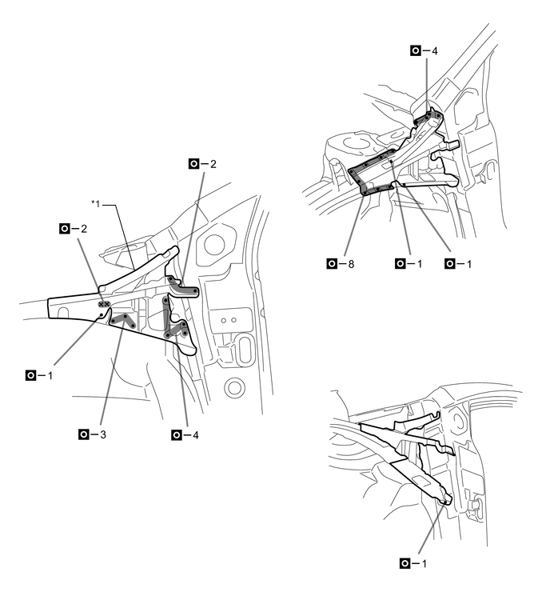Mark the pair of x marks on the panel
[103, 304]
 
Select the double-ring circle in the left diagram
[233, 390]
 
